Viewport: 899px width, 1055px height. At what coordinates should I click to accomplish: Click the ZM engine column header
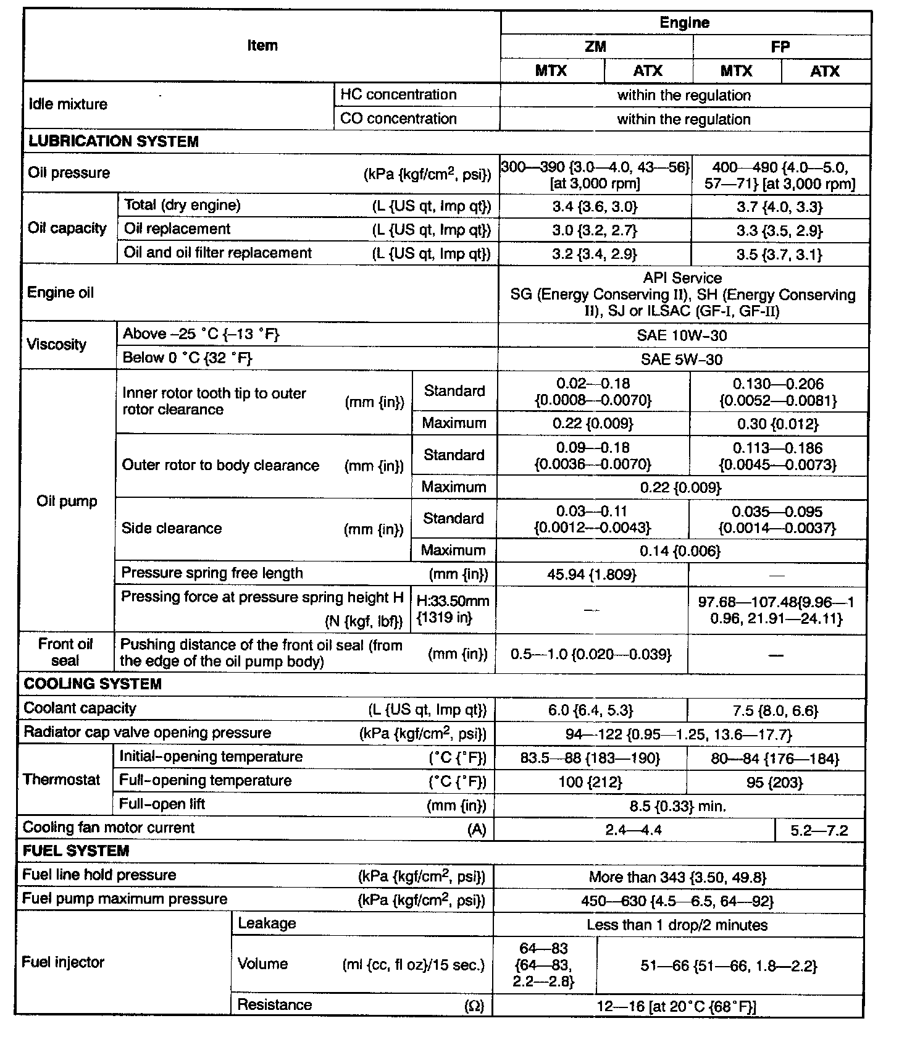tap(595, 46)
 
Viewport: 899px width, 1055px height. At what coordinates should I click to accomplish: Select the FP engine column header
tap(780, 47)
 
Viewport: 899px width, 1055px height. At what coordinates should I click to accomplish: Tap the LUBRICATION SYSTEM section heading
tap(114, 141)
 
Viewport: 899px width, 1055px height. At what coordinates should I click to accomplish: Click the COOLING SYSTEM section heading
tap(93, 684)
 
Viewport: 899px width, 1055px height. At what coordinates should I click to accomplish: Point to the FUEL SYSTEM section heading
tap(76, 851)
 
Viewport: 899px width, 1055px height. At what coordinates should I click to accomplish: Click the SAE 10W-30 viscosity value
tap(682, 335)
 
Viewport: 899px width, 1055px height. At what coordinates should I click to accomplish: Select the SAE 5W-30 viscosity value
tap(682, 359)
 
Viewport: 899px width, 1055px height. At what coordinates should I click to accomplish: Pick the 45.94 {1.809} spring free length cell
tap(591, 574)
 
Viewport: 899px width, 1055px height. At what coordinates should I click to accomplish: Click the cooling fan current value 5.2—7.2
tap(819, 830)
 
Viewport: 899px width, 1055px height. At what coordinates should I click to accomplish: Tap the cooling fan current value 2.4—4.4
tap(633, 830)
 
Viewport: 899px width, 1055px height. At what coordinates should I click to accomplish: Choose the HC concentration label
tap(398, 95)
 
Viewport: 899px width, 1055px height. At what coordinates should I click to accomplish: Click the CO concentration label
tap(398, 119)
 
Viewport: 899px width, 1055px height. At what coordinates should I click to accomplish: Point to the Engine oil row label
tap(61, 293)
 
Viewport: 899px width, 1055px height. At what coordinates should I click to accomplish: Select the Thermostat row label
tap(61, 780)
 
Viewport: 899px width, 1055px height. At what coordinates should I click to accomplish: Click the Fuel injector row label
tap(63, 962)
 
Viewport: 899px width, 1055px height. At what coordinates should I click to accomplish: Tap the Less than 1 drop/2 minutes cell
tap(677, 925)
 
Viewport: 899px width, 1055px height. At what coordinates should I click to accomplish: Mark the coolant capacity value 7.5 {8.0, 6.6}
tap(775, 710)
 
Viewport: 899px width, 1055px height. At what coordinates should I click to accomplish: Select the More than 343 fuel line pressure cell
tap(677, 876)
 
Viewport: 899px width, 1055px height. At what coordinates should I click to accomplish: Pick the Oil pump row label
tap(67, 501)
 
